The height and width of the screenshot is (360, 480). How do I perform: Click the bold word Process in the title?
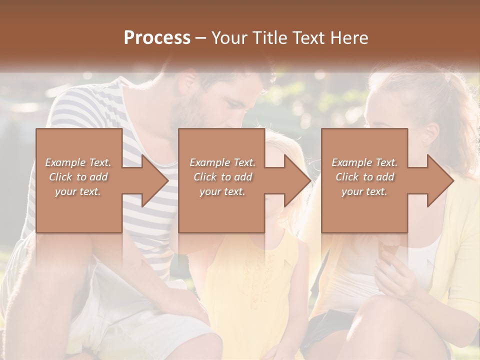click(157, 38)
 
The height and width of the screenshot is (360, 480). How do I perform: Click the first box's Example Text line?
click(78, 162)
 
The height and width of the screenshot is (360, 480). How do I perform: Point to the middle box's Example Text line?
click(222, 162)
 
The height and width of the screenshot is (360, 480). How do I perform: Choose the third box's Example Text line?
click(364, 162)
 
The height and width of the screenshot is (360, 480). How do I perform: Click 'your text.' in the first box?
click(78, 191)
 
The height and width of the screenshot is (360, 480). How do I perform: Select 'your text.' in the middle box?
click(222, 191)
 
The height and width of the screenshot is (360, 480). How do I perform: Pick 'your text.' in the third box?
click(364, 191)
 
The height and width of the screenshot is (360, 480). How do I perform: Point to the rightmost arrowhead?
click(440, 180)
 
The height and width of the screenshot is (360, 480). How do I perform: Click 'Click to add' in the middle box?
click(222, 177)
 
